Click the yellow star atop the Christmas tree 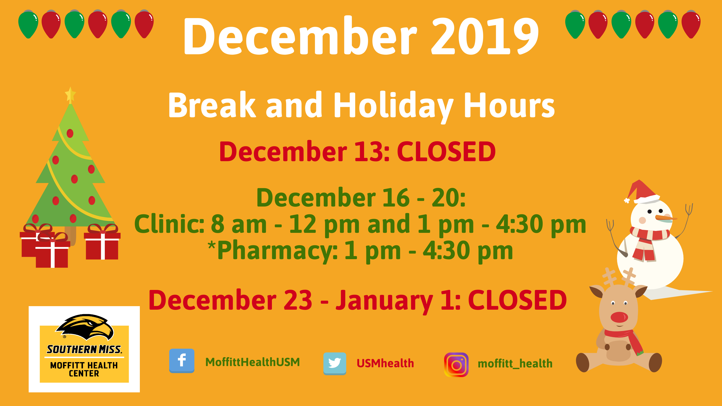[70, 95]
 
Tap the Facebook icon [182, 361]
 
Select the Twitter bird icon [335, 363]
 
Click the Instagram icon [456, 365]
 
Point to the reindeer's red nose [619, 317]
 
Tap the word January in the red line [384, 301]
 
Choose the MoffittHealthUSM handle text [252, 362]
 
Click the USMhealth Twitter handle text [385, 363]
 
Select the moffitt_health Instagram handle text [515, 364]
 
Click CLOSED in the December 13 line [446, 152]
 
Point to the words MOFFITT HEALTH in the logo [84, 365]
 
